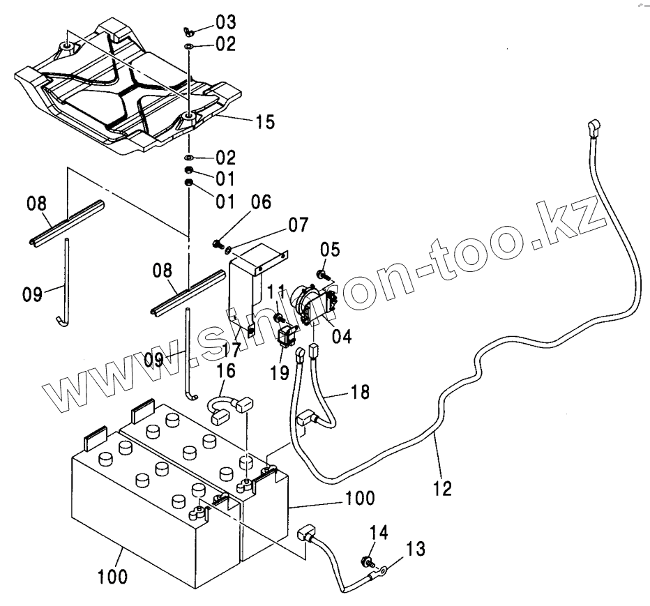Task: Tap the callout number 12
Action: point(441,487)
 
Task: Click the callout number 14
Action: point(377,534)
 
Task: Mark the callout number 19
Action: point(280,372)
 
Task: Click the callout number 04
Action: point(342,336)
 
